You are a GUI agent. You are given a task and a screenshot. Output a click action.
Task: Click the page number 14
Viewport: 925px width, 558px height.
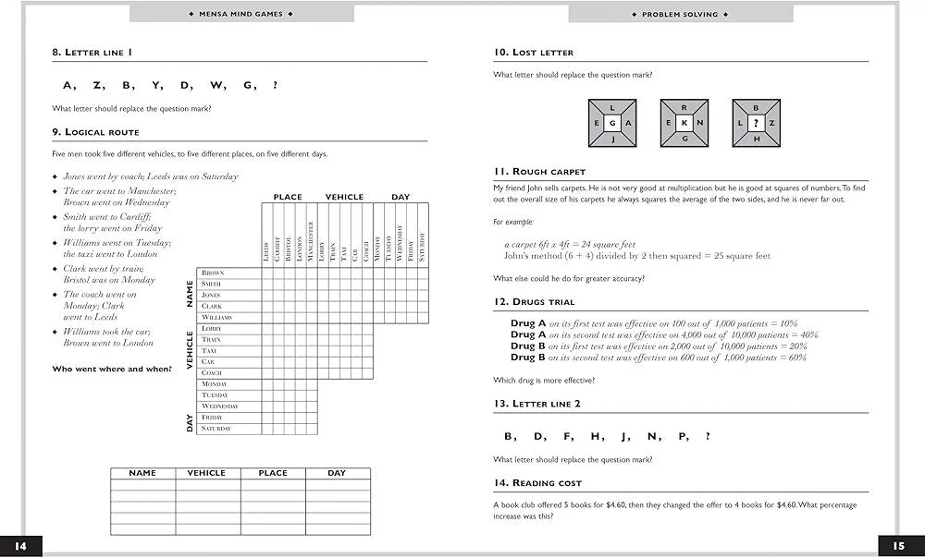(20, 546)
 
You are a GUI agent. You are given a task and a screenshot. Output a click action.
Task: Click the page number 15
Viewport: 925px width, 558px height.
(897, 546)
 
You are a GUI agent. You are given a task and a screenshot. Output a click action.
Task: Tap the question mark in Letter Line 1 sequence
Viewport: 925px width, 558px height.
(275, 86)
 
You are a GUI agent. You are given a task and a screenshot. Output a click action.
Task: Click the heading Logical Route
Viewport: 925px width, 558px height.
(96, 132)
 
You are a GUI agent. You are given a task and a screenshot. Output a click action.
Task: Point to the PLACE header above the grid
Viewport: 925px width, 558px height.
(288, 197)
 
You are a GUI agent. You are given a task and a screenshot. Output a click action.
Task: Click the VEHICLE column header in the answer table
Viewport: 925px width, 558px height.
(206, 473)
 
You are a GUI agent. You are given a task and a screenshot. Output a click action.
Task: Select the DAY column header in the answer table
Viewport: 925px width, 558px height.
(337, 473)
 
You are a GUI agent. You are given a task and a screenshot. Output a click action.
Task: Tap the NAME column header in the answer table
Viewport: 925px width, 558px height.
(142, 473)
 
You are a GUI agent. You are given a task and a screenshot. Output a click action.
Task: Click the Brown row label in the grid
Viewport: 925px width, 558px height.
(213, 273)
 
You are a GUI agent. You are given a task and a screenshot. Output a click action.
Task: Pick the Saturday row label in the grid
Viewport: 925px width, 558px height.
(216, 429)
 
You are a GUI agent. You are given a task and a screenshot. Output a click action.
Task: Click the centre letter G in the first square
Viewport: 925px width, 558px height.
(611, 124)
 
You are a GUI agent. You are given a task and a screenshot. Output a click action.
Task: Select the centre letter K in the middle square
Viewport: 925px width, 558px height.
(684, 124)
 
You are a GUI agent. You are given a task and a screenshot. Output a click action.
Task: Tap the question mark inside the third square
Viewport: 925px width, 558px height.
(756, 124)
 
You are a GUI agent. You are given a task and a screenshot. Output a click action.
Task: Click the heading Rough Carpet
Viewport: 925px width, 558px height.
(539, 172)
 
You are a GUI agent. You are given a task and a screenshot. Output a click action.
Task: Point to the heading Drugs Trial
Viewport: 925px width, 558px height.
(535, 302)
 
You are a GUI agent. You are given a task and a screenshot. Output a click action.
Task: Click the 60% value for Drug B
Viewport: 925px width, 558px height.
(798, 358)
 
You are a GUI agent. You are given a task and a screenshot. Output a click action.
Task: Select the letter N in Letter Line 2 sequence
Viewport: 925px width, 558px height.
(655, 437)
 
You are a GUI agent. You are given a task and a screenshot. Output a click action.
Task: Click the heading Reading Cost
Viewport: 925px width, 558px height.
(537, 483)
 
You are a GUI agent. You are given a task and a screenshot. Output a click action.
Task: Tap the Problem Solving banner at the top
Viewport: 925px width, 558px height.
(680, 14)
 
